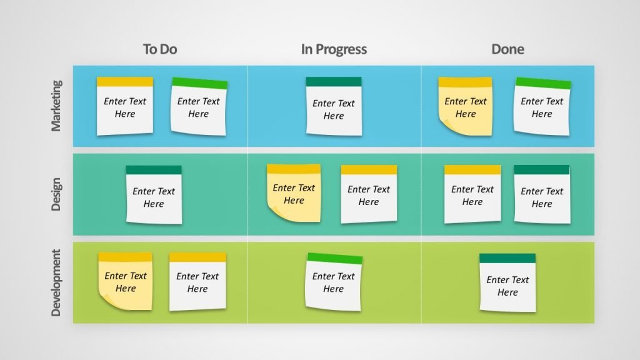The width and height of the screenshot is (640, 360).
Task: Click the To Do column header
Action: click(x=160, y=49)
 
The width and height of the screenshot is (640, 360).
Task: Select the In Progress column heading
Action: click(x=334, y=49)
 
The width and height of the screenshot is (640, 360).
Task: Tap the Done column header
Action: click(x=507, y=49)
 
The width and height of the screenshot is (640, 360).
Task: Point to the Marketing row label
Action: click(x=56, y=105)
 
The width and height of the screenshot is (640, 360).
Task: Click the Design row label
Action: click(x=56, y=194)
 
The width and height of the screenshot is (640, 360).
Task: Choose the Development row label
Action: click(x=56, y=282)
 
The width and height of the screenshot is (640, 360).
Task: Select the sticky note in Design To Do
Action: click(x=154, y=195)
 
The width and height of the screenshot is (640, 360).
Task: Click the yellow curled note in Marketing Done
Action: click(x=466, y=107)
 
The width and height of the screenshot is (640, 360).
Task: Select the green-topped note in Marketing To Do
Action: click(x=199, y=107)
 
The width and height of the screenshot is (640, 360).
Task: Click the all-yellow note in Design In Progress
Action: click(x=294, y=193)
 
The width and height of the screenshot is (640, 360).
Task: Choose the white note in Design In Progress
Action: click(x=369, y=194)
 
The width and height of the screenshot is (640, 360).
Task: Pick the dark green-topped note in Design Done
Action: click(x=542, y=194)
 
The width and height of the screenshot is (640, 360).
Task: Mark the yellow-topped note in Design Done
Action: click(x=472, y=194)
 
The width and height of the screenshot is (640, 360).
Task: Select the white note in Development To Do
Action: click(x=197, y=282)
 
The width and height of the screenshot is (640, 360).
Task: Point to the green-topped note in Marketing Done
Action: click(x=542, y=107)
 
